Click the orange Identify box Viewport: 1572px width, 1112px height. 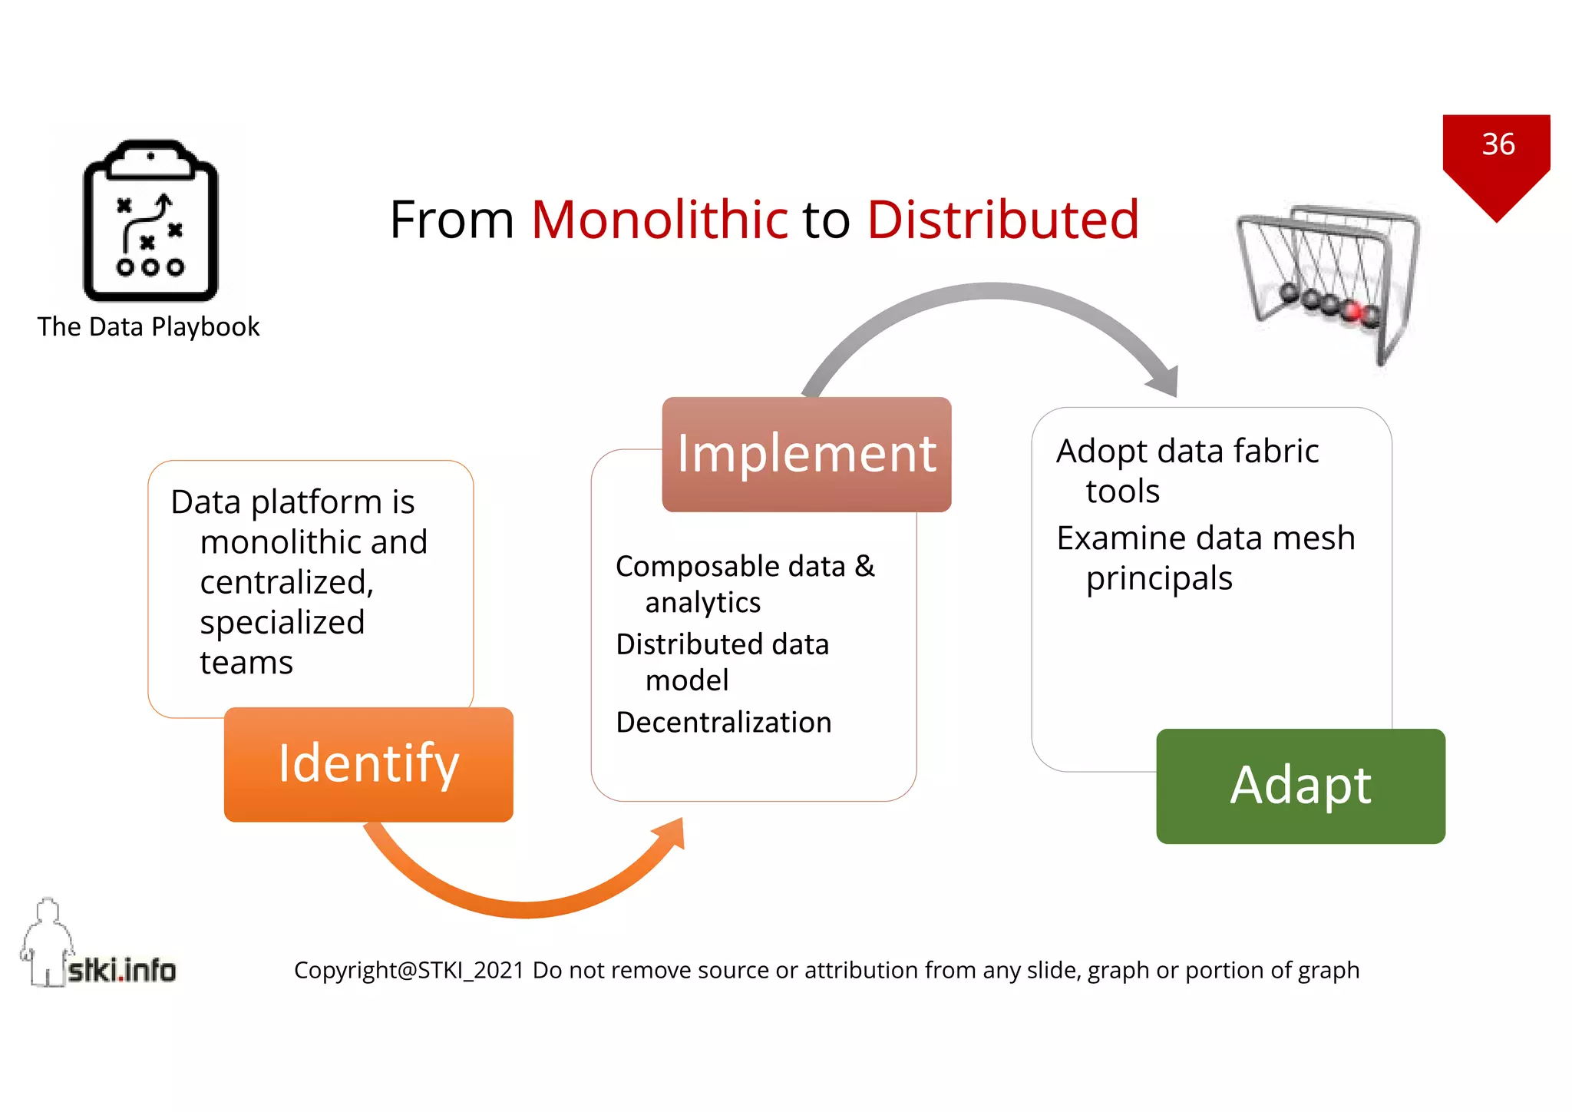click(x=368, y=764)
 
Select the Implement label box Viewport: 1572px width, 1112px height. click(x=806, y=454)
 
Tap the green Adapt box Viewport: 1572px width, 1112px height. click(x=1300, y=786)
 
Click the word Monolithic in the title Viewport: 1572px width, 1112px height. click(x=659, y=220)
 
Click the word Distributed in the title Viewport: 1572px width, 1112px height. click(x=1002, y=220)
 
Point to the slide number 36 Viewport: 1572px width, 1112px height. click(x=1498, y=144)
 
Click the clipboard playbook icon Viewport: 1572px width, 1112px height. click(x=150, y=221)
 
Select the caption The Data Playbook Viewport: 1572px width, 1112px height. click(x=148, y=327)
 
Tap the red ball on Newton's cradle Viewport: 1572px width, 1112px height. click(x=1352, y=311)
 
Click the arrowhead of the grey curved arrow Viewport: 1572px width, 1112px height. click(x=1164, y=379)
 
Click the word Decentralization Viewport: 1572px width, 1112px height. click(x=723, y=723)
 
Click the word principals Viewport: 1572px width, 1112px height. click(x=1158, y=579)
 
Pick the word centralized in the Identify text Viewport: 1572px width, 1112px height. click(x=286, y=582)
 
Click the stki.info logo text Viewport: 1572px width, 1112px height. click(x=121, y=970)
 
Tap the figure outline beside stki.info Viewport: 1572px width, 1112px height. click(x=46, y=941)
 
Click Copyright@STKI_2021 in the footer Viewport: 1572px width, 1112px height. click(x=408, y=971)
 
